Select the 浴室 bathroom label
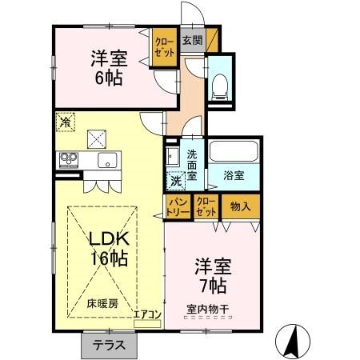tap(234, 174)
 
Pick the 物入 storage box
tap(240, 207)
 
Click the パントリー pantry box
tap(178, 207)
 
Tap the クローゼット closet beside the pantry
tap(206, 207)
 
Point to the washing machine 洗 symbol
tap(174, 180)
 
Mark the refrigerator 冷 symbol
tap(65, 122)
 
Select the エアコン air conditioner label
tap(148, 314)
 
